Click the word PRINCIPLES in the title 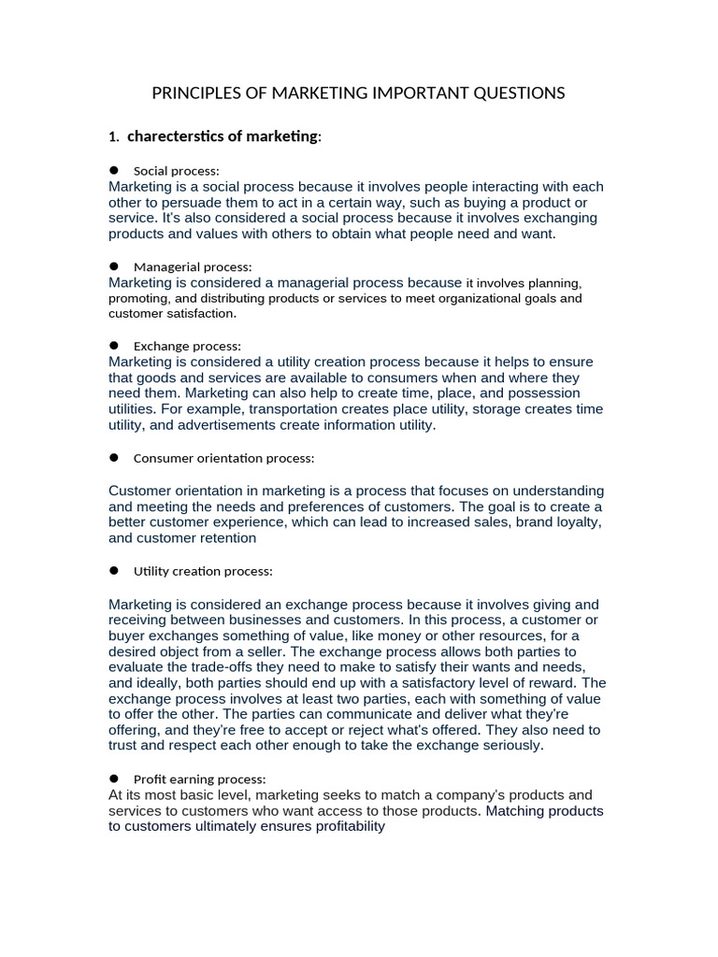coord(194,93)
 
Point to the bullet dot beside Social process coord(114,170)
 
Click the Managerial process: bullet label coord(193,266)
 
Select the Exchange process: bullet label coord(187,346)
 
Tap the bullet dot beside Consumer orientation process coord(114,458)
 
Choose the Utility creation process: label coord(203,570)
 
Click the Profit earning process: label coord(200,778)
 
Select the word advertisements coord(215,425)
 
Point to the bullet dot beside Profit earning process coord(114,778)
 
